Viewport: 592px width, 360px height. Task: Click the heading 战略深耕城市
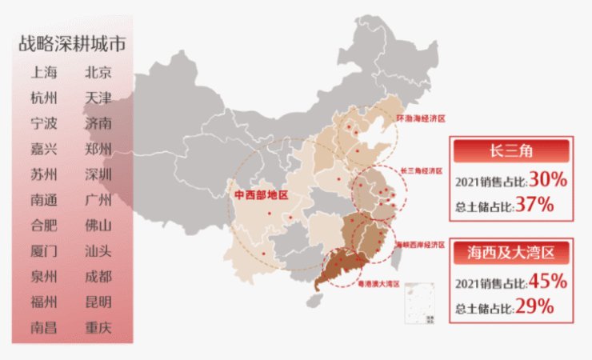71,43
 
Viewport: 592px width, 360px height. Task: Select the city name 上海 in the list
44,73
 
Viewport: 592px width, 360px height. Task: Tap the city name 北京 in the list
98,73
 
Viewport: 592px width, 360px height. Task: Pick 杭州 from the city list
44,98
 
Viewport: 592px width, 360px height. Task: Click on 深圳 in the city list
98,174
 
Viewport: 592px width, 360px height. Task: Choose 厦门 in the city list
44,251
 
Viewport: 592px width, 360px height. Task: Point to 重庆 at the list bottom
98,327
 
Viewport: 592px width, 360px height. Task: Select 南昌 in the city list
44,327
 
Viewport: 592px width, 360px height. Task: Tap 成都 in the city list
98,277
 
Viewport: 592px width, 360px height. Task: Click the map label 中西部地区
261,195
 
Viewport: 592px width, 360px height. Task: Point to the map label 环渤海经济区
420,118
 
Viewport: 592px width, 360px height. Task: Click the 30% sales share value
548,180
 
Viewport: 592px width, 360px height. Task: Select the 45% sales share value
548,282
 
